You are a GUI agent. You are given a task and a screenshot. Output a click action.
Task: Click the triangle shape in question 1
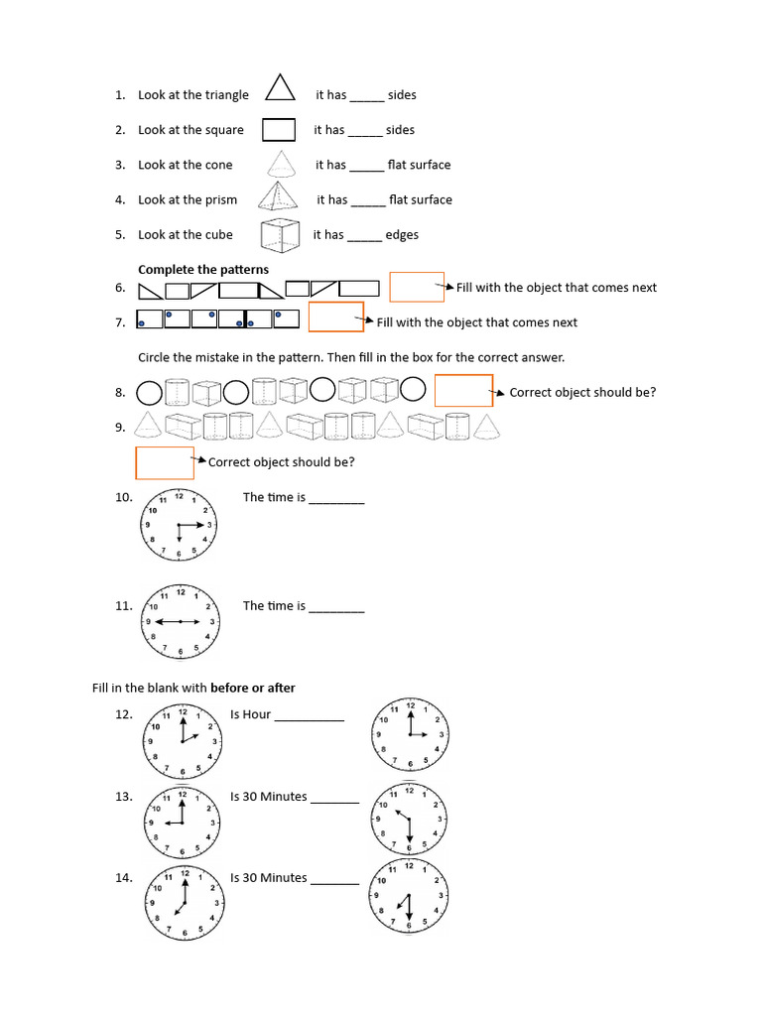281,88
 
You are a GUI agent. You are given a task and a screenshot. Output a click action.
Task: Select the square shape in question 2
279,130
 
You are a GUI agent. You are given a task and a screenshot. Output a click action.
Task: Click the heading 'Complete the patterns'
203,270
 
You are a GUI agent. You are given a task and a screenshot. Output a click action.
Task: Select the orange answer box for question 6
416,287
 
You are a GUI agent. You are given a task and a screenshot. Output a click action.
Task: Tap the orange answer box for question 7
336,317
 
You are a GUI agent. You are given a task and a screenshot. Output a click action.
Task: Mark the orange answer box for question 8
463,391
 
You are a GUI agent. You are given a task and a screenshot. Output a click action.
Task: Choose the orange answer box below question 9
165,462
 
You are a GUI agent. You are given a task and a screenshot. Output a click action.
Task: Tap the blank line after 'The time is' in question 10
336,500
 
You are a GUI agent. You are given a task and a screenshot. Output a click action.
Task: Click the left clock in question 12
183,741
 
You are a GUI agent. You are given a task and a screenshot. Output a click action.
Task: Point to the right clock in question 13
409,820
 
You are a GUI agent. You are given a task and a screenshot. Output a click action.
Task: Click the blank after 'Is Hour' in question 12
309,716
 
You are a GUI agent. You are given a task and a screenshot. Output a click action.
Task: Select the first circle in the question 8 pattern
149,393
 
